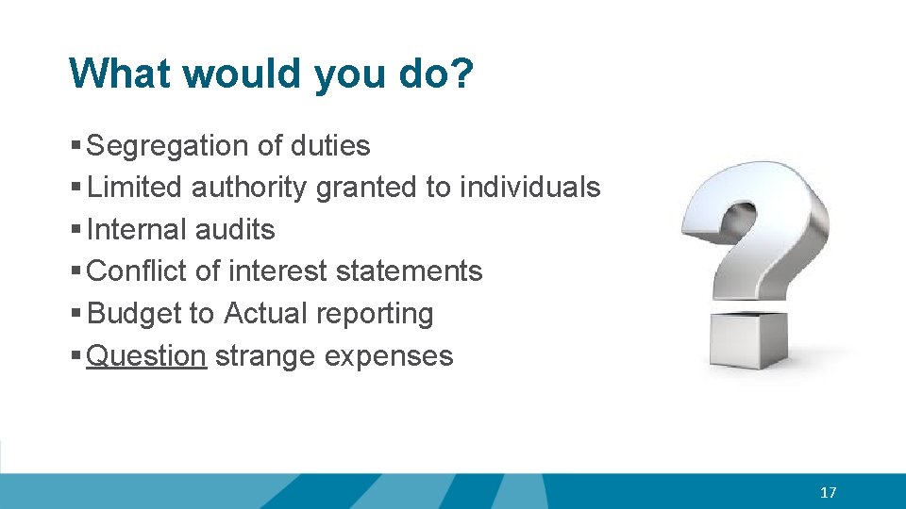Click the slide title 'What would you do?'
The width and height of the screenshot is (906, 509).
[x=271, y=74]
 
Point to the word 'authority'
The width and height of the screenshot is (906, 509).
[x=249, y=188]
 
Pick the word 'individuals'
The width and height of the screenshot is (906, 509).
[x=529, y=188]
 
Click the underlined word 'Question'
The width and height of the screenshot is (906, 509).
[x=146, y=356]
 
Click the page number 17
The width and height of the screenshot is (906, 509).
[x=829, y=492]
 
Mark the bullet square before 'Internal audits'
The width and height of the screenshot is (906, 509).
[x=75, y=230]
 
